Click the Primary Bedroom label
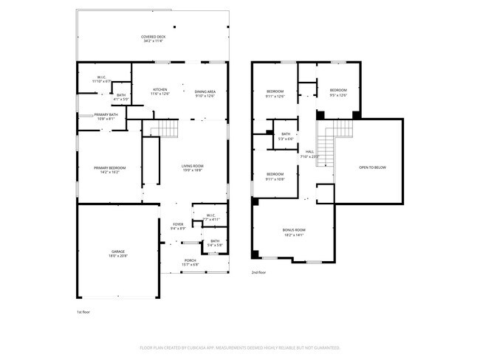pyautogui.click(x=109, y=170)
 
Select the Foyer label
pyautogui.click(x=178, y=226)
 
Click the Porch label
pyautogui.click(x=190, y=262)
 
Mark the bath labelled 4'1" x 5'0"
pyautogui.click(x=120, y=97)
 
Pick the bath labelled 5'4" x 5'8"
pyautogui.click(x=214, y=243)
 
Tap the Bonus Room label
pyautogui.click(x=293, y=232)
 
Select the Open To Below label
pyautogui.click(x=372, y=167)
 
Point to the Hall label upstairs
pyautogui.click(x=309, y=153)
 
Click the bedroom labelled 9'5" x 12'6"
pyautogui.click(x=338, y=91)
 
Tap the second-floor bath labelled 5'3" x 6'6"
pyautogui.click(x=286, y=136)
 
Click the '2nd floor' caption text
pyautogui.click(x=259, y=273)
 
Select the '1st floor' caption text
pyautogui.click(x=84, y=312)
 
